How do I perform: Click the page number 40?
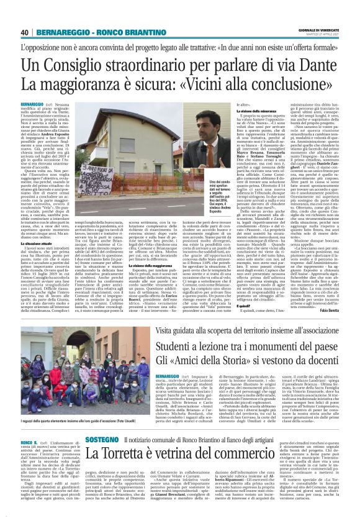pyautogui.click(x=24, y=32)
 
